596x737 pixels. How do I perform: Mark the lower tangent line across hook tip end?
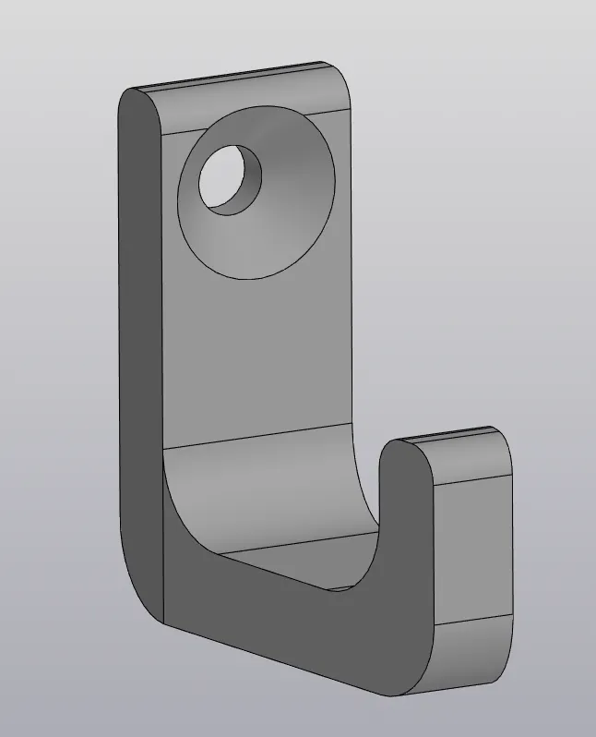[x=472, y=619]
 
